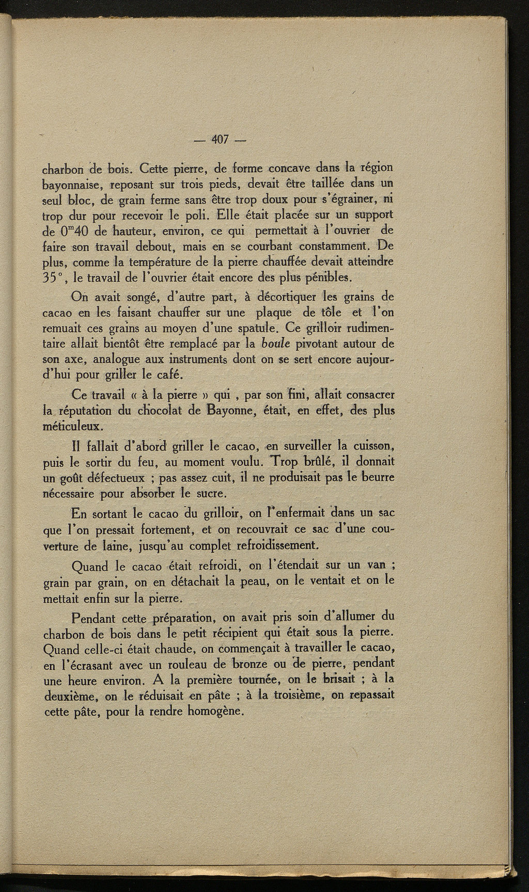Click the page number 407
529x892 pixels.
[220, 139]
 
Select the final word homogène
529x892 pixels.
[216, 711]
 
